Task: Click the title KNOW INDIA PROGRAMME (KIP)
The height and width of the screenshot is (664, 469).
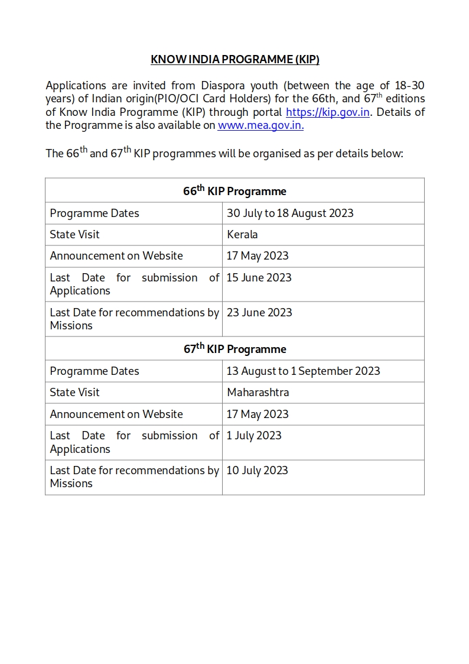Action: (x=235, y=59)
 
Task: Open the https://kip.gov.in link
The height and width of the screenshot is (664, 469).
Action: (x=328, y=112)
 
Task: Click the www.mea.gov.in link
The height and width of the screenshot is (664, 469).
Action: (x=260, y=125)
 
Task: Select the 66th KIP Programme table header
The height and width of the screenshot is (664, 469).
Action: (x=234, y=191)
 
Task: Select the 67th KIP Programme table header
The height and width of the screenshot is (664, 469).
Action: (x=234, y=349)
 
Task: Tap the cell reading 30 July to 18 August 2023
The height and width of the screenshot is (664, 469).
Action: (x=290, y=213)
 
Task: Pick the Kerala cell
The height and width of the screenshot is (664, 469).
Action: (x=242, y=235)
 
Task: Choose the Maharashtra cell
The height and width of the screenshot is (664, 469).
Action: (x=258, y=393)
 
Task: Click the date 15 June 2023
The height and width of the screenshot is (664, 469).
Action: (x=259, y=278)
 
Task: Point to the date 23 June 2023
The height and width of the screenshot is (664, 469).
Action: (x=259, y=313)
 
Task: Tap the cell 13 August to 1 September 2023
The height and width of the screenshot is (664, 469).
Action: (x=303, y=371)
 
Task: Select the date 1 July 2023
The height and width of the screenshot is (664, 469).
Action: (x=254, y=436)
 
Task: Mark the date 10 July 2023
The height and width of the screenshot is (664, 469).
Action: (x=257, y=471)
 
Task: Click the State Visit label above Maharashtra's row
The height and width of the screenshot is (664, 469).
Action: (x=74, y=393)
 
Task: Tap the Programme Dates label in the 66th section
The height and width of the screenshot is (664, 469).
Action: (x=95, y=213)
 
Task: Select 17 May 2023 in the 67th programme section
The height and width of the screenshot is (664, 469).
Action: (x=258, y=414)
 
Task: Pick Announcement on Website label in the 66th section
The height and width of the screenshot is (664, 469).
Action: (x=116, y=256)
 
